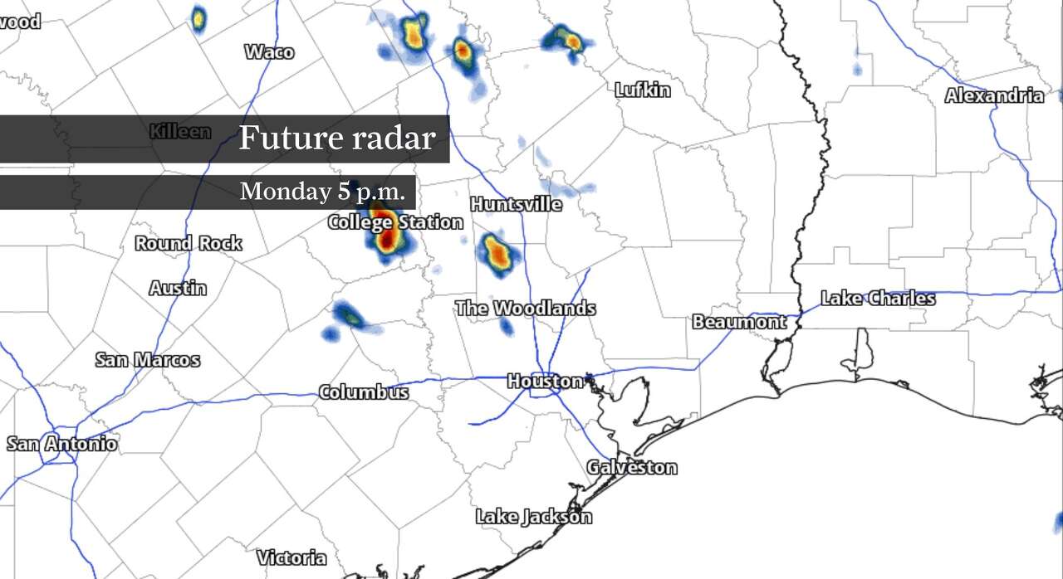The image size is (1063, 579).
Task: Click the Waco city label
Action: pos(269,52)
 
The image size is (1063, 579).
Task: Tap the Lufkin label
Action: pos(642,90)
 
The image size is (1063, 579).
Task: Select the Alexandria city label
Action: pos(994,95)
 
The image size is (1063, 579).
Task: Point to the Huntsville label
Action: pos(515,204)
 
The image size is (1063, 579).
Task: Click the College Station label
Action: pos(395,221)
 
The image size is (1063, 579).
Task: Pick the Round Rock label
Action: pos(189,243)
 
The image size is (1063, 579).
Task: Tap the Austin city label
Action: pos(178,288)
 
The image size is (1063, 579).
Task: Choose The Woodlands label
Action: pos(525,308)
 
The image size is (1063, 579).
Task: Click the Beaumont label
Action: pos(738,321)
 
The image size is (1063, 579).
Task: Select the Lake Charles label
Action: pos(878,299)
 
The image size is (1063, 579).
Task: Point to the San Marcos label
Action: pos(148,359)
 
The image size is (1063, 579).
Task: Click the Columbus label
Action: pos(364,392)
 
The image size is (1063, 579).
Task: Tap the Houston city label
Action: pos(545,381)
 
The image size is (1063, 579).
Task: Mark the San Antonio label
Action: pos(62,444)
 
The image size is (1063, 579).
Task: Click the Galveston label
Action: pos(632,467)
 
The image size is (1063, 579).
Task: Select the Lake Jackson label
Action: pos(534,516)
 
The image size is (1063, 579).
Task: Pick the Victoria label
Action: pos(291,557)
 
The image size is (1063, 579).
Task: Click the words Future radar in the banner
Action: pos(336,138)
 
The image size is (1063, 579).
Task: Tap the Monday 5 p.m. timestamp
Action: pos(323,192)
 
